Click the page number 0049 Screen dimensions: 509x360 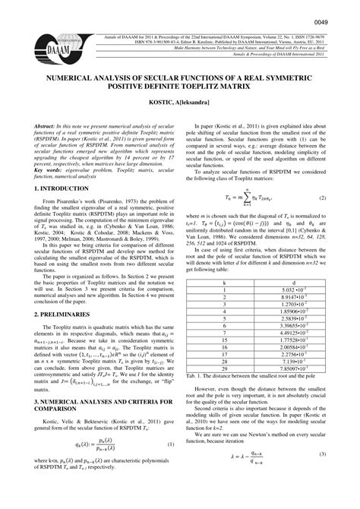point(338,10)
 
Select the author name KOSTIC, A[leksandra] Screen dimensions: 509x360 point(180,101)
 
